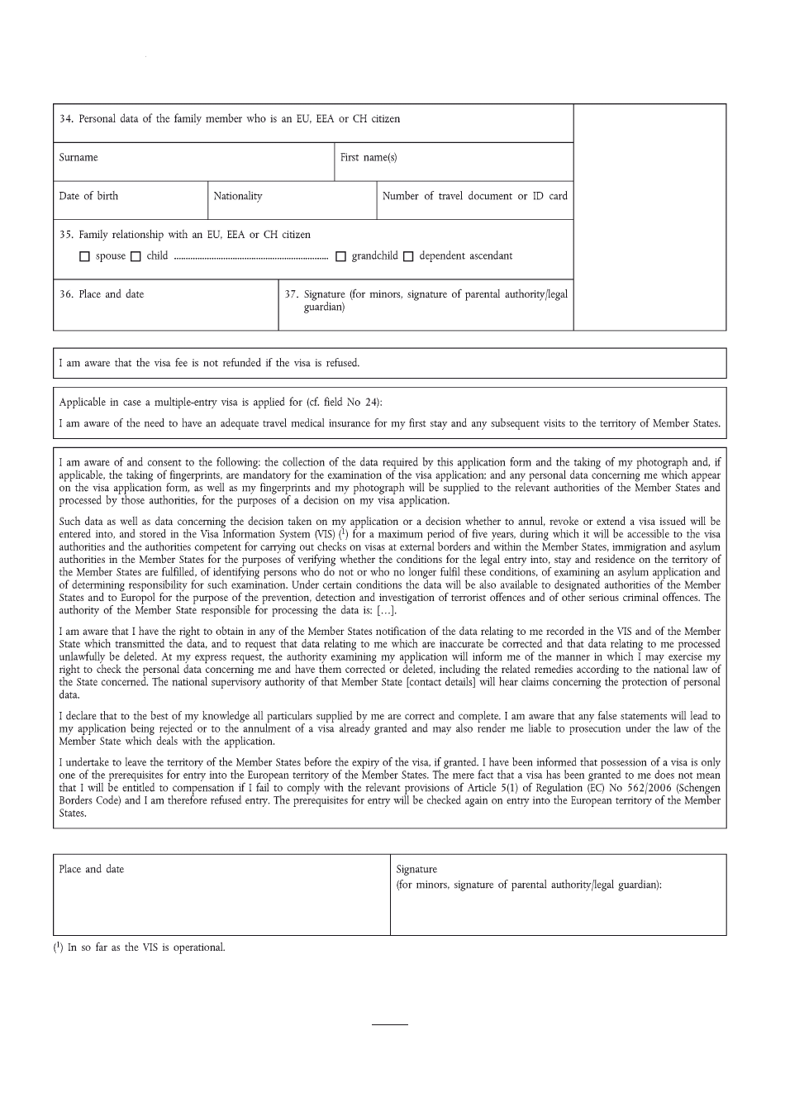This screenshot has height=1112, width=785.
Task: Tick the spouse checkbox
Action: pyautogui.click(x=84, y=257)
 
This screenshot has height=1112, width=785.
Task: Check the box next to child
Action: pyautogui.click(x=136, y=257)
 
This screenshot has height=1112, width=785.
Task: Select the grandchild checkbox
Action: pyautogui.click(x=340, y=257)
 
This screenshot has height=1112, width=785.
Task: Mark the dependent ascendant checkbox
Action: pyautogui.click(x=408, y=257)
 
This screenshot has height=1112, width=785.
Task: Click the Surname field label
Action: pyautogui.click(x=78, y=157)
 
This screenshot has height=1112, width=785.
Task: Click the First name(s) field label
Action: pyautogui.click(x=369, y=157)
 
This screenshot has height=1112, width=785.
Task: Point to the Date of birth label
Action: pyautogui.click(x=88, y=196)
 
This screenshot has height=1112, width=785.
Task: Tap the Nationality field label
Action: pyautogui.click(x=238, y=196)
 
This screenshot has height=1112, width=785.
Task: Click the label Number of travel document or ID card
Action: pyautogui.click(x=474, y=196)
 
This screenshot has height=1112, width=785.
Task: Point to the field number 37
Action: pyautogui.click(x=291, y=294)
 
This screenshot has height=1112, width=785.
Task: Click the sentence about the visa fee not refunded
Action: pyautogui.click(x=209, y=363)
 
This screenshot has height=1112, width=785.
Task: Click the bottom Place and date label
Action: pyautogui.click(x=92, y=869)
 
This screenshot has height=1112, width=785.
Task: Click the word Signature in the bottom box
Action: pyautogui.click(x=416, y=869)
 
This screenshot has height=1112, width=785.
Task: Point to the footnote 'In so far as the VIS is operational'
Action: pyautogui.click(x=145, y=947)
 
